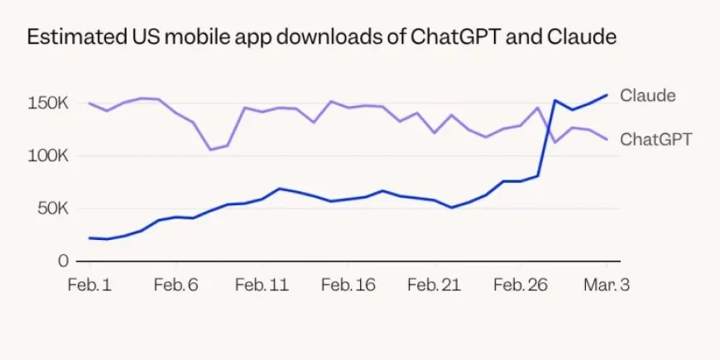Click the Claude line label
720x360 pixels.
(x=647, y=95)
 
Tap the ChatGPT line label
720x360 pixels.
(x=655, y=139)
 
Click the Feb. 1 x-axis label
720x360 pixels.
(x=89, y=285)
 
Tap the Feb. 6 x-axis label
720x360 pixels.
(x=175, y=285)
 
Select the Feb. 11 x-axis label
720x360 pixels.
(x=262, y=285)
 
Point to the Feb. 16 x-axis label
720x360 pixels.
(x=348, y=285)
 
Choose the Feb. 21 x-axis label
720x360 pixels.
(x=434, y=285)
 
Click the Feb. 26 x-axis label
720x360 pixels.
(x=521, y=285)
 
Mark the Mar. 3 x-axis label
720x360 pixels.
(x=607, y=285)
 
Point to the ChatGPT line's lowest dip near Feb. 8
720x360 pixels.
(x=210, y=150)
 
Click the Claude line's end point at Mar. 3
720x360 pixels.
(x=607, y=94)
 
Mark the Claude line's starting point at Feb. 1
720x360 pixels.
(x=89, y=238)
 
